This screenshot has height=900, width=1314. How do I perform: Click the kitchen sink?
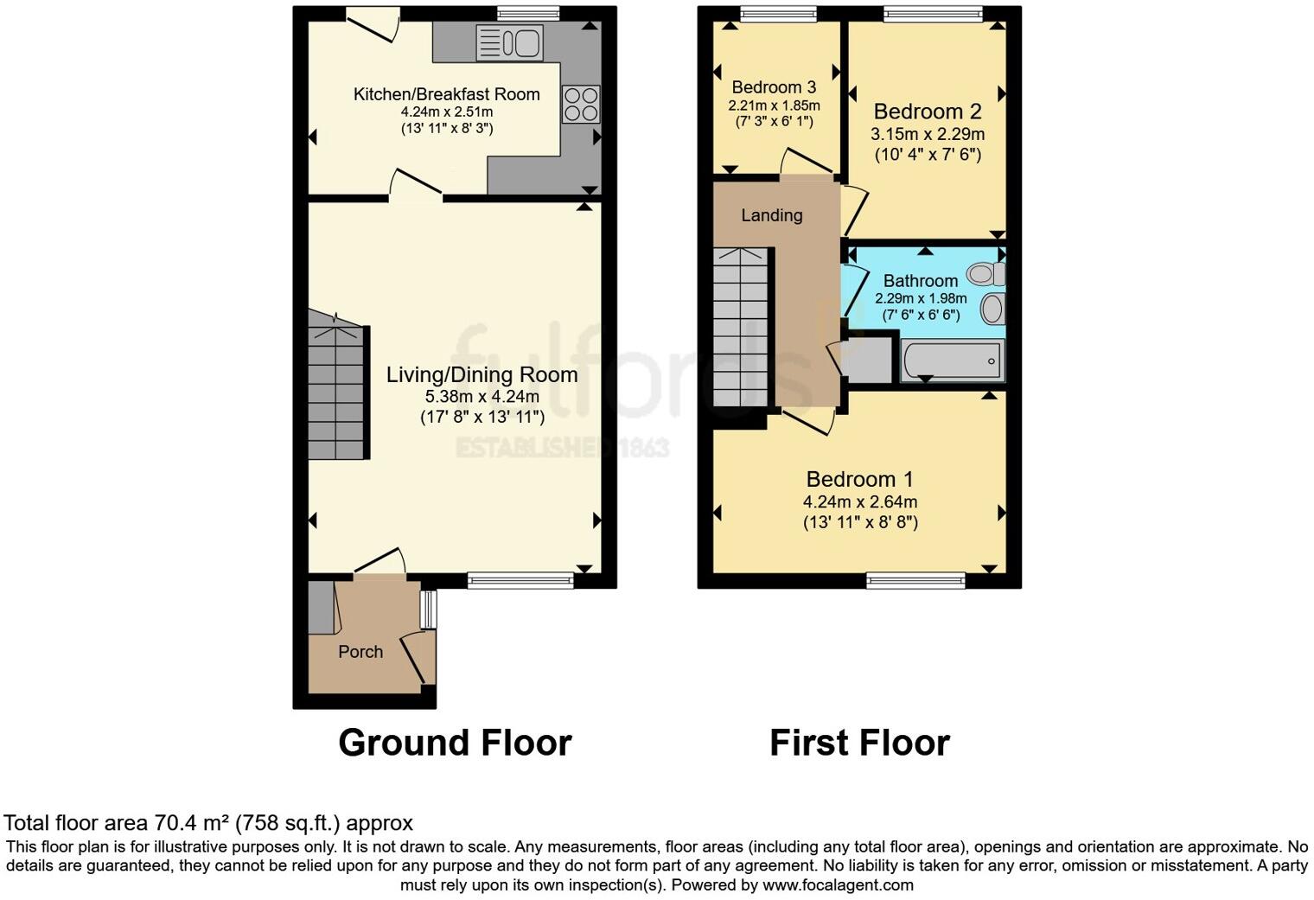(x=509, y=42)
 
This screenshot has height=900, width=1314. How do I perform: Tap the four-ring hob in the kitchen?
(x=581, y=104)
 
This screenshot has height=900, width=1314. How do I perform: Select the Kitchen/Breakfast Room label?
(x=446, y=94)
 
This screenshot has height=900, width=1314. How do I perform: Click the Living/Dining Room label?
(x=482, y=374)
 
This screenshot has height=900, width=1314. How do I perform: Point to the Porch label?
(x=360, y=652)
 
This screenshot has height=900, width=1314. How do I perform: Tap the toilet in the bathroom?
(x=985, y=275)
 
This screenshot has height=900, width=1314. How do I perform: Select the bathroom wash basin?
(x=993, y=308)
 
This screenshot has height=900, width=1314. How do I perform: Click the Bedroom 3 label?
(x=774, y=87)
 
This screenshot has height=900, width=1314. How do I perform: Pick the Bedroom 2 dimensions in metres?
(x=928, y=134)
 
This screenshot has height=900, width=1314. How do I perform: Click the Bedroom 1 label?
(x=859, y=479)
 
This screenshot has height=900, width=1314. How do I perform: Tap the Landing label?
(x=772, y=215)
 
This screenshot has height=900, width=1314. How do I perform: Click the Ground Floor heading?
(x=455, y=743)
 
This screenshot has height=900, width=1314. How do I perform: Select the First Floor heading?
(x=859, y=743)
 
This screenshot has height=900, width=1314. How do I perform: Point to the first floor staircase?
(x=740, y=329)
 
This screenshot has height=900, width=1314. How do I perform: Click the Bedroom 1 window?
(x=916, y=580)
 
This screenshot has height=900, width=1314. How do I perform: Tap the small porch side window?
(x=428, y=610)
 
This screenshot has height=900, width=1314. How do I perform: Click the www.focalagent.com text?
(x=838, y=885)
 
